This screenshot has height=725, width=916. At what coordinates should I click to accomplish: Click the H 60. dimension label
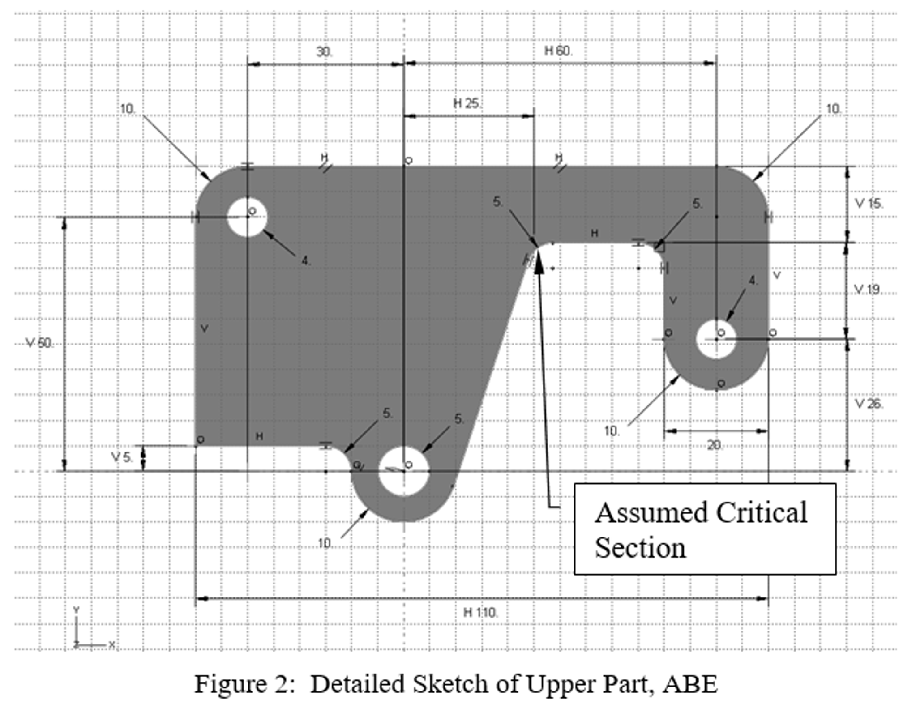point(558,51)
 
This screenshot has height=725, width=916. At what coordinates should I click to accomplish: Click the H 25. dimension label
point(467,104)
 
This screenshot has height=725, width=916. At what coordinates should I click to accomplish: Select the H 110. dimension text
point(480,612)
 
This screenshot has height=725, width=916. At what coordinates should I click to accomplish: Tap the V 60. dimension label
point(39,343)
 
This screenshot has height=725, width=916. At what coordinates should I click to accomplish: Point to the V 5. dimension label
point(121,457)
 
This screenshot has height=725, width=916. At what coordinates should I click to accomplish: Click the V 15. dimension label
point(869,204)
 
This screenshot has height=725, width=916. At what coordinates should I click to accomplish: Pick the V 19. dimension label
point(867,290)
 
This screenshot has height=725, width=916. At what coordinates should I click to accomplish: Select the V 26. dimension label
point(869,404)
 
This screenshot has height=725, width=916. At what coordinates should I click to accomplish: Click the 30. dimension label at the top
point(324,52)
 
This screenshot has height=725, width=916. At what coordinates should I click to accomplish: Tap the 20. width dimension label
point(715,445)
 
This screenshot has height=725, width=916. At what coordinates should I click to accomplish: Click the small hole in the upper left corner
point(247,217)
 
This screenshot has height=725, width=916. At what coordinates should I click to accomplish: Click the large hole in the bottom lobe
point(404,471)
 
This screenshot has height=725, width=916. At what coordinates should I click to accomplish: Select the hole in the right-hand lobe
point(716,339)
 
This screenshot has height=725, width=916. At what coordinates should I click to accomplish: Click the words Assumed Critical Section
point(701,530)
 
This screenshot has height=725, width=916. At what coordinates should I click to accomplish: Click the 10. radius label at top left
point(128,109)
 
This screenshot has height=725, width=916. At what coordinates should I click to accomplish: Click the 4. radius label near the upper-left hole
point(305,260)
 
